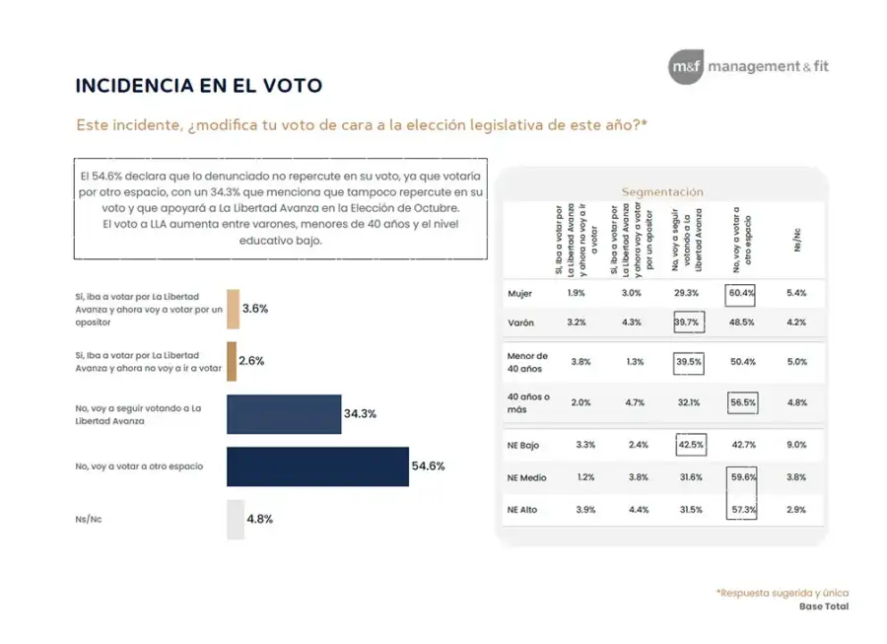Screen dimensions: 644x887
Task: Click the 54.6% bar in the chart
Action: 317,466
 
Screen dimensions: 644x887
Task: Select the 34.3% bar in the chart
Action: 282,414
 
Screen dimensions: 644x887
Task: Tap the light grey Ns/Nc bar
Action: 235,519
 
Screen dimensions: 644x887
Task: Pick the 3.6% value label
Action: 255,309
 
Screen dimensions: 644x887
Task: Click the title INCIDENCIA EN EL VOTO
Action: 198,86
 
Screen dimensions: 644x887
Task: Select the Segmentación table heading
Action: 661,191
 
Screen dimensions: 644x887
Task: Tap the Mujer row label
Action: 519,293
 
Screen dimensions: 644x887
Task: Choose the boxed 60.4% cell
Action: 739,293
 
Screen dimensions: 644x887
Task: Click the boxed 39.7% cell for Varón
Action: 687,322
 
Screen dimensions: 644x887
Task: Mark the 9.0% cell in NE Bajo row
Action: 796,445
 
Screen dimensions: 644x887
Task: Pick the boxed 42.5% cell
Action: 690,445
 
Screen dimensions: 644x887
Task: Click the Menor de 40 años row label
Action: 527,361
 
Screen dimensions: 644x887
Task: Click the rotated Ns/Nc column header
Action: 796,241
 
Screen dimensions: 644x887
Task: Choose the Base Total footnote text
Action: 823,607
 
